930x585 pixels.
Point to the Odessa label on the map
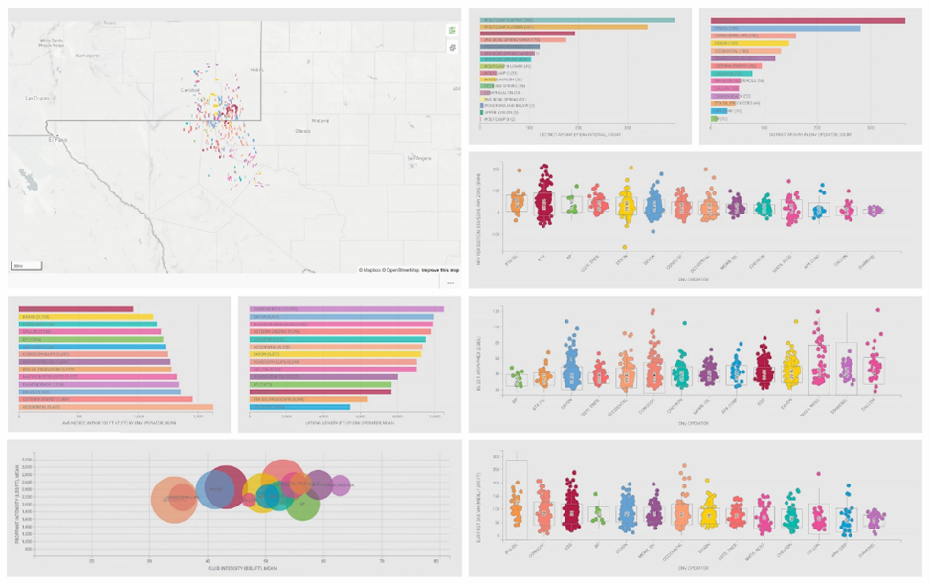pos(303,130)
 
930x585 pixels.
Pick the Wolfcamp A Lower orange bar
pos(564,27)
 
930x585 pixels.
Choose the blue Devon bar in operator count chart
pos(785,28)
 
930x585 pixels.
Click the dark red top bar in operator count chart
pos(808,20)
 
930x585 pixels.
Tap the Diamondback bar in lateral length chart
pos(345,309)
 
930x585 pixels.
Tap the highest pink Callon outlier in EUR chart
pos(818,473)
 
